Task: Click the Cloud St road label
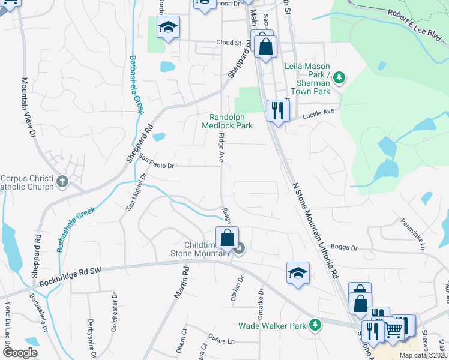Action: coord(229,43)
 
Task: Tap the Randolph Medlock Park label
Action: coord(231,121)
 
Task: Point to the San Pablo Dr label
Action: coord(156,162)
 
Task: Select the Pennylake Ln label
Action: coord(413,233)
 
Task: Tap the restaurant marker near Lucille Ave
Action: coord(277,110)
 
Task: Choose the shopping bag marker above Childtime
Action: coord(228,238)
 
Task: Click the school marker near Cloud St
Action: coord(169,27)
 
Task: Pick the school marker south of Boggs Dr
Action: coord(298,273)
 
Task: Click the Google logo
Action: coord(21,353)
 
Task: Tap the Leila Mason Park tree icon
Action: coord(339,77)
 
